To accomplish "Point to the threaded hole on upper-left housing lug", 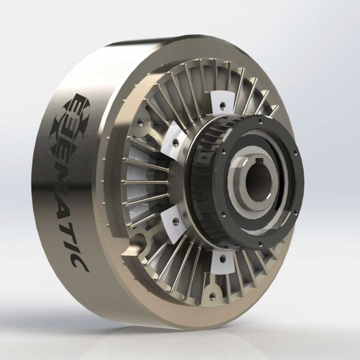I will point(140,123).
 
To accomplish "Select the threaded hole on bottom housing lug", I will point(212,297).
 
